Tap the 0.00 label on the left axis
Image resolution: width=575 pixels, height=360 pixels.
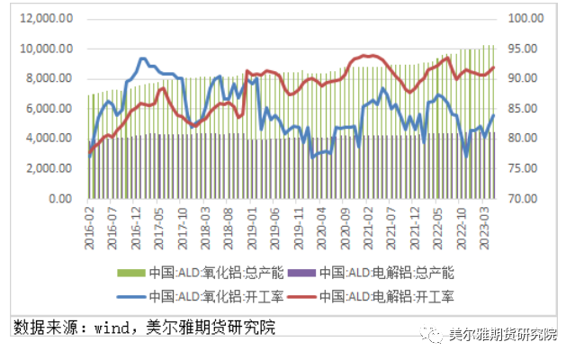click(60, 198)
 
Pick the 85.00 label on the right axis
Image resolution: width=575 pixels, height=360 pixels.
click(523, 108)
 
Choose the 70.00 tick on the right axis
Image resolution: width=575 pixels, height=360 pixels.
click(523, 198)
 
